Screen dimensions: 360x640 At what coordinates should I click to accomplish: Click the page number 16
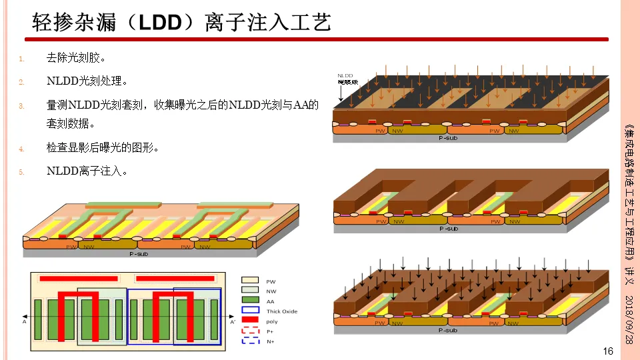607,351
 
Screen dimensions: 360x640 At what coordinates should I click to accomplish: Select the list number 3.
21,105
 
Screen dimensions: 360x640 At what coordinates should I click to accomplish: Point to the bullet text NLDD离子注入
87,171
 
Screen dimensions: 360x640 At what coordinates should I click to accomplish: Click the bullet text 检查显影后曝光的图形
103,147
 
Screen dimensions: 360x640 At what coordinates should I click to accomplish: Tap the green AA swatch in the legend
251,301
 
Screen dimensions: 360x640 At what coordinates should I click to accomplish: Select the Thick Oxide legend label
282,311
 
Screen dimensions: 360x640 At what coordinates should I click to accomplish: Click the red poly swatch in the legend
251,321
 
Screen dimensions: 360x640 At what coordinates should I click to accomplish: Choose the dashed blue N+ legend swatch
251,341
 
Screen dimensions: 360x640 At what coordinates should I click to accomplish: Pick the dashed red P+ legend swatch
251,331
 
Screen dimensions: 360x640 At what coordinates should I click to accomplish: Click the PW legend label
271,281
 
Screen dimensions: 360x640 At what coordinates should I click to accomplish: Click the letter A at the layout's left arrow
25,321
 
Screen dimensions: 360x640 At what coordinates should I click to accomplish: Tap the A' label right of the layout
233,322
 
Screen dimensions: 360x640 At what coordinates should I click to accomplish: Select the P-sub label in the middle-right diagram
449,229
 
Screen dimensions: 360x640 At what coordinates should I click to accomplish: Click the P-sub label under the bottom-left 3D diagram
138,254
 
